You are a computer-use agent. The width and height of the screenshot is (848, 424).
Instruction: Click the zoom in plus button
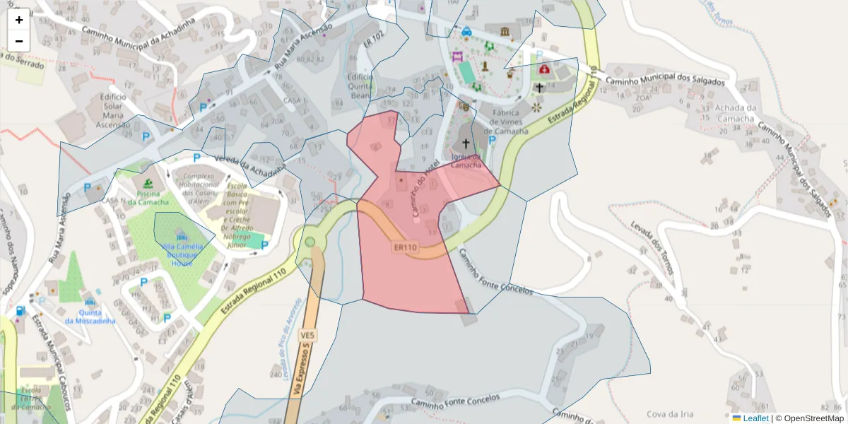19,20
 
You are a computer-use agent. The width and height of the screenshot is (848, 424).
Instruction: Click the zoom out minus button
19,41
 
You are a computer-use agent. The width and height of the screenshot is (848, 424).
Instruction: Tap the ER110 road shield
406,247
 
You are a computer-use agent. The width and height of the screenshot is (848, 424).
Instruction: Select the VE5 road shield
307,334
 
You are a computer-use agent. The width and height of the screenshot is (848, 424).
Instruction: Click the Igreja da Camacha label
466,160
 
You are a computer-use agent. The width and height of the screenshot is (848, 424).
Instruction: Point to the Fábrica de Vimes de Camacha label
502,122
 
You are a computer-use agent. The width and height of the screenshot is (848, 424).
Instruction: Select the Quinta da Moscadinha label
90,317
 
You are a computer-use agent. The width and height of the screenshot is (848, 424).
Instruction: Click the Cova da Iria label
669,414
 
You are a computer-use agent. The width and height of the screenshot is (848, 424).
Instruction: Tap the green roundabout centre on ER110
310,242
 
